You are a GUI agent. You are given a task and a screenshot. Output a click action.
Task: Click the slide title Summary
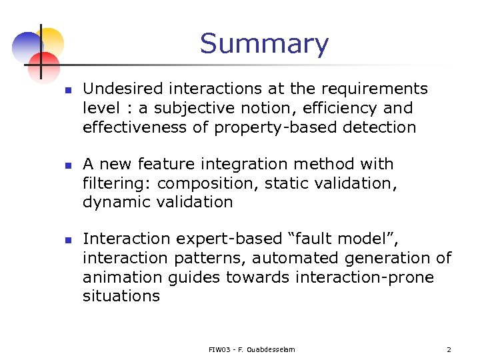[x=264, y=44]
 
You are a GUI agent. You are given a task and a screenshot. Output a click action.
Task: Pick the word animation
[x=119, y=277]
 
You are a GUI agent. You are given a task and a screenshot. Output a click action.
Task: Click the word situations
[x=121, y=297]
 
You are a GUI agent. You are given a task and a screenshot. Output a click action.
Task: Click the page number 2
[x=448, y=349]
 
